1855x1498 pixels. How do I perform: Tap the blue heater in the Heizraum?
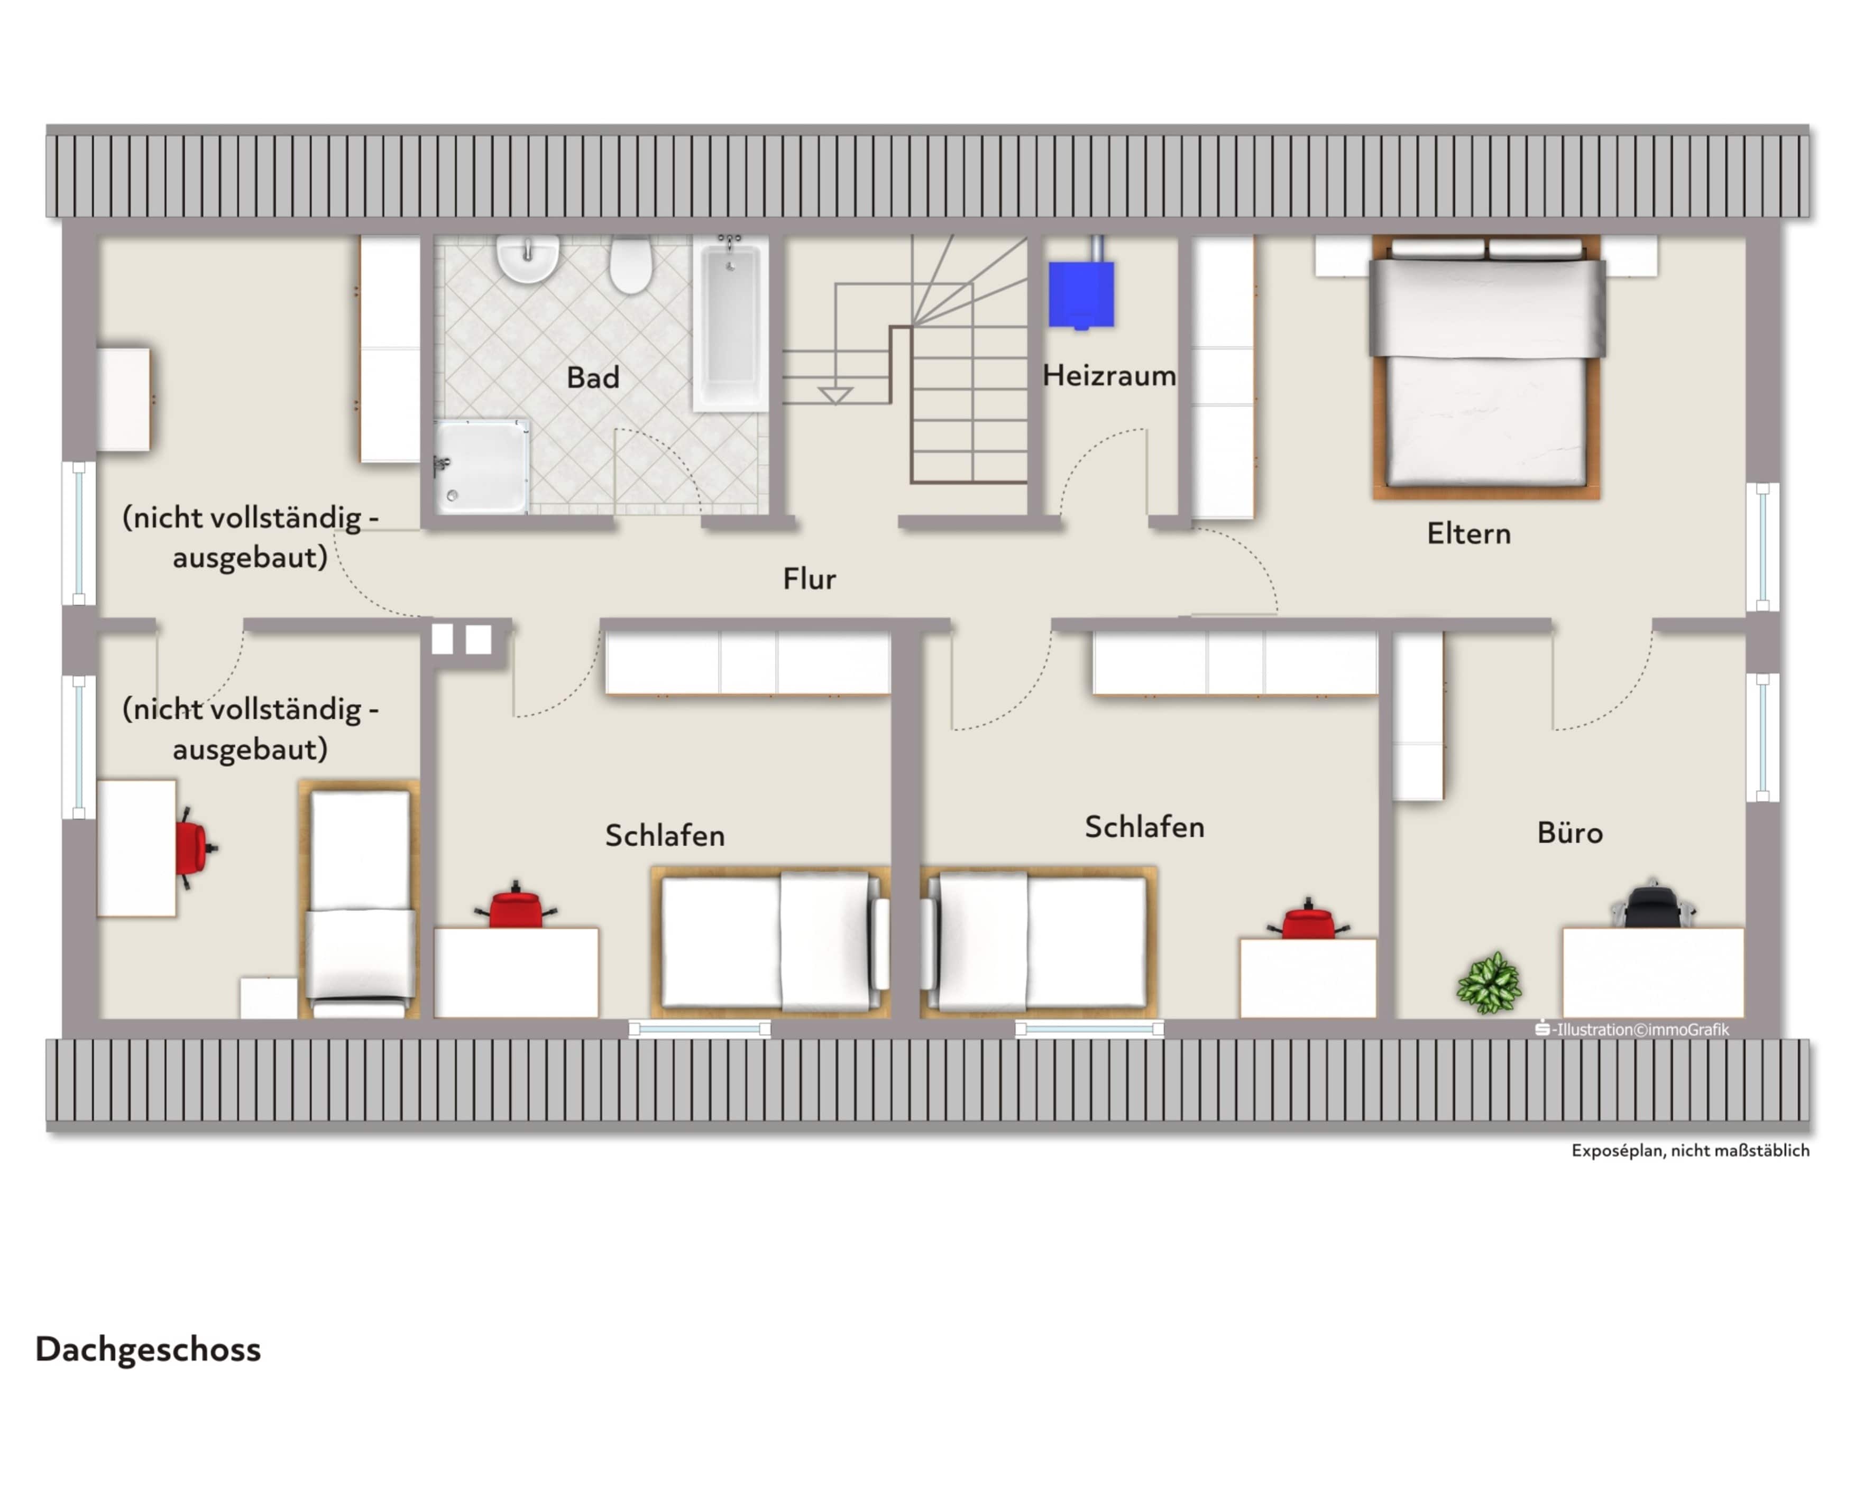point(1081,295)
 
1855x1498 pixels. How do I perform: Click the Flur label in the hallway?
point(809,578)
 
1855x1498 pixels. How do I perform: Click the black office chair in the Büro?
point(1651,906)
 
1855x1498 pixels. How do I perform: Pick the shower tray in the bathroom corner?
point(481,467)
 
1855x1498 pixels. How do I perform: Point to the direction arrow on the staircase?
point(835,395)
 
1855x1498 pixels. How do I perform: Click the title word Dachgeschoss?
point(148,1349)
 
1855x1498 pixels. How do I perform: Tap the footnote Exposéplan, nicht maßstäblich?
point(1689,1150)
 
